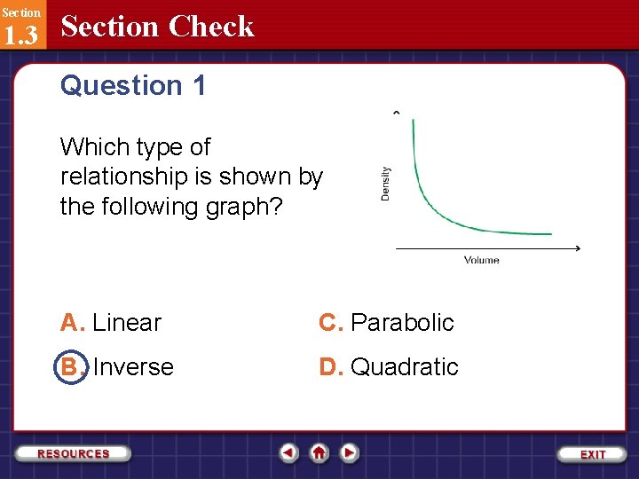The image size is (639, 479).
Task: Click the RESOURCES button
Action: click(x=74, y=453)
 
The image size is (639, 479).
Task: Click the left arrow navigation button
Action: click(x=288, y=453)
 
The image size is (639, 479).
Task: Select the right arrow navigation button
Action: click(x=350, y=453)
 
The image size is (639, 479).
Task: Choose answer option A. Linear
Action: click(x=111, y=323)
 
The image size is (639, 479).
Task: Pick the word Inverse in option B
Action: click(x=133, y=367)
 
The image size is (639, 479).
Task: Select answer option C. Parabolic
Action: click(x=386, y=323)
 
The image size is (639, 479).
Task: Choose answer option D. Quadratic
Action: click(x=389, y=367)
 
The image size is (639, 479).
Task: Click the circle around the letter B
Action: click(x=71, y=367)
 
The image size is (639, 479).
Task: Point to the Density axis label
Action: click(x=385, y=184)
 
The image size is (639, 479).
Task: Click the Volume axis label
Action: click(x=481, y=260)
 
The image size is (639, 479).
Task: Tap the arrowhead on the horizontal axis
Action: click(x=577, y=248)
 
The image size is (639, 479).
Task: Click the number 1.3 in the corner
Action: click(x=20, y=35)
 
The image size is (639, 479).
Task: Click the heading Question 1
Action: click(x=133, y=86)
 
